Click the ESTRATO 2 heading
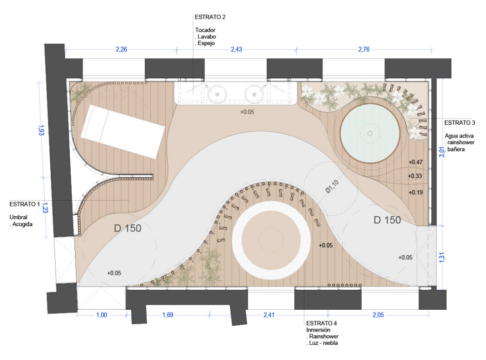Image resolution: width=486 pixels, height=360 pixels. coord(210,17)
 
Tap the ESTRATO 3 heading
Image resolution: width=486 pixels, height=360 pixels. coord(459,123)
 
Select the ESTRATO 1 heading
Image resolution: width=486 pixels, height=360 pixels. coord(25,204)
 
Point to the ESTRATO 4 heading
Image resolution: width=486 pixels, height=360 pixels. coord(321,323)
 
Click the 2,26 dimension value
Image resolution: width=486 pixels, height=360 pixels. coord(121,49)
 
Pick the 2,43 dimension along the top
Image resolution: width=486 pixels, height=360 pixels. coord(236,49)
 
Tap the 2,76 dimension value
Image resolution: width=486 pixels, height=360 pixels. coord(364,49)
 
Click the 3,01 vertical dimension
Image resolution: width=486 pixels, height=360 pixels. coord(442,152)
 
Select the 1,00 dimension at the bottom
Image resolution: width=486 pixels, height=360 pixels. coord(102,315)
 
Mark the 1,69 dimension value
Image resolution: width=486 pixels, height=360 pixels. coord(168,315)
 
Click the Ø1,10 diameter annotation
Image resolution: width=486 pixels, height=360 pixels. coord(332,186)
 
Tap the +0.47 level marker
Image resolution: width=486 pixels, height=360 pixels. coord(415,162)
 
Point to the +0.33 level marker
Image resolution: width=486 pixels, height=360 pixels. coord(415,176)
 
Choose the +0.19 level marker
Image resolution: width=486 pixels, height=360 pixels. coord(415,193)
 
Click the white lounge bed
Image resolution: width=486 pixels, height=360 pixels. coord(123,131)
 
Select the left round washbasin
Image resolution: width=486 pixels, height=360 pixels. coord(217,94)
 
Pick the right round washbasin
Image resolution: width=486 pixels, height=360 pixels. coord(254,94)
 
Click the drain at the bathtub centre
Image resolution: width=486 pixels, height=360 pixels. coord(370,134)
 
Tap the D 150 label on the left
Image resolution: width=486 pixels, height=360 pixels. coord(127,228)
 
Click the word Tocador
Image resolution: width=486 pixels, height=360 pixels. coord(205,30)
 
